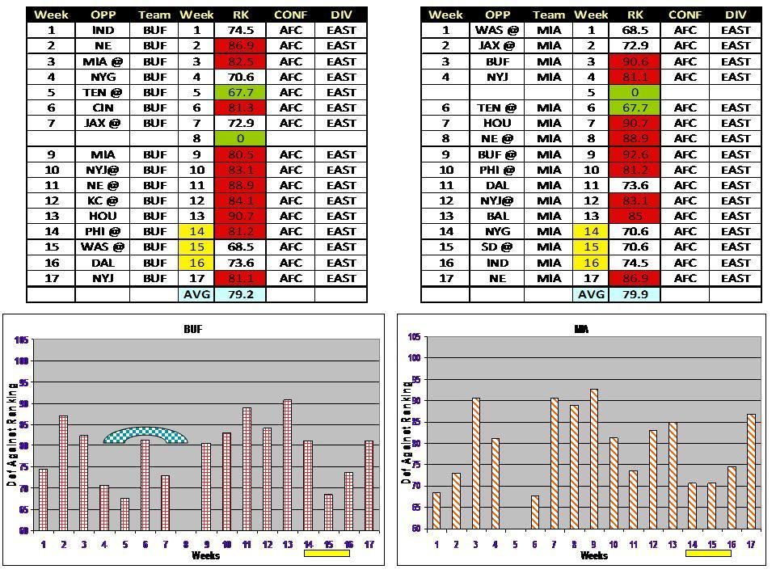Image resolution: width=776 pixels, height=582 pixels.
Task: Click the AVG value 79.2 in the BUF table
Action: [x=241, y=294]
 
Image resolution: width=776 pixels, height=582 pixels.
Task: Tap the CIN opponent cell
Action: [x=103, y=108]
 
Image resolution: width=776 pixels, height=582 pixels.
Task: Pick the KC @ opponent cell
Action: [x=103, y=200]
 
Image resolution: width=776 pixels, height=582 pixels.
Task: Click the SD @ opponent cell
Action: [x=496, y=247]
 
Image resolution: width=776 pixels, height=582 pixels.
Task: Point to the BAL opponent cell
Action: [x=496, y=216]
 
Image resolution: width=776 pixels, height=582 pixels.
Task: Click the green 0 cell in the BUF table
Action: [x=241, y=139]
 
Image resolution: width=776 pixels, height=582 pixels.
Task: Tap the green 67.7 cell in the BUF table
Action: [x=241, y=92]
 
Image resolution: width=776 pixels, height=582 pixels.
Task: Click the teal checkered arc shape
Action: [x=145, y=435]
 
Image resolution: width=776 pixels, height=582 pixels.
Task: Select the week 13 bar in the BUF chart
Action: [x=288, y=465]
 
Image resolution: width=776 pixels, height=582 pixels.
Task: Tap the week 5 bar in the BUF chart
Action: [x=125, y=514]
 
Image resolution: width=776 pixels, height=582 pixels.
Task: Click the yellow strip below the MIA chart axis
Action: [x=708, y=555]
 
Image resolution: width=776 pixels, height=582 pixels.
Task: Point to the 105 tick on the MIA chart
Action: [x=414, y=337]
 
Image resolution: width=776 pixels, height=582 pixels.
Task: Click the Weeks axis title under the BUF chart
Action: [x=206, y=555]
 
